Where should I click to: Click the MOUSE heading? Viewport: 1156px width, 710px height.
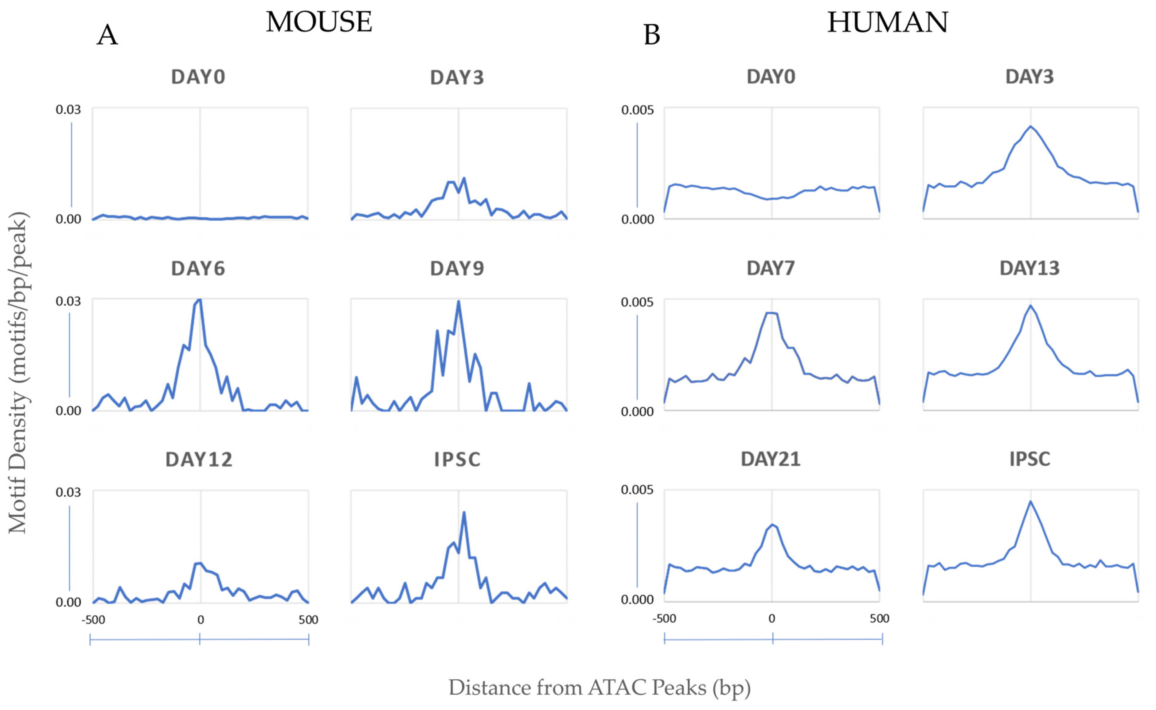tap(319, 22)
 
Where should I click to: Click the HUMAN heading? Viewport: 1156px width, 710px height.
tap(887, 22)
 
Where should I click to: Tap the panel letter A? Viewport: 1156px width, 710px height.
tap(107, 35)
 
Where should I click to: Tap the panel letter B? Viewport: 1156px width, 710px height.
tap(651, 35)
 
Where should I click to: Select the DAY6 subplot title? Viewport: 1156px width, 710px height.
tap(198, 269)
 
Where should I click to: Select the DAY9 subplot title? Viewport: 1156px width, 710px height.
tap(457, 269)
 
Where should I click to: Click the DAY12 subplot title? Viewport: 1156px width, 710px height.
tap(199, 459)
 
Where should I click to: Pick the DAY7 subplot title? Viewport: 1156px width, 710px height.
tap(770, 268)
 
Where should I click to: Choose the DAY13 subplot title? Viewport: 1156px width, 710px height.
tap(1029, 268)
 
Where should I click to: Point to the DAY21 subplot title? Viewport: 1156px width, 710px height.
tap(770, 459)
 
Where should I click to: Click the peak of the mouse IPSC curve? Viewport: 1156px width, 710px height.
tap(464, 512)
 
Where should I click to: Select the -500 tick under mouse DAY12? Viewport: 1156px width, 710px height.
tap(93, 620)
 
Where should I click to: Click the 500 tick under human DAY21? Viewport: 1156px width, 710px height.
tap(879, 619)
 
